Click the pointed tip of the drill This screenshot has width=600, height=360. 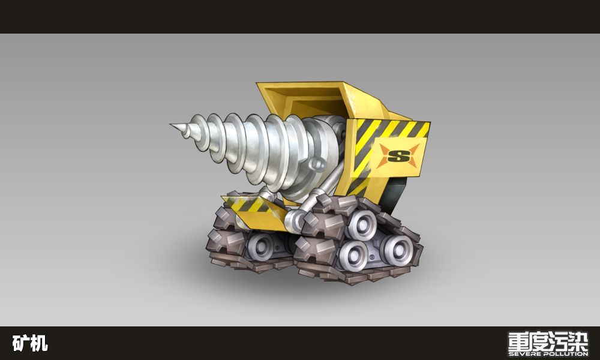[x=171, y=125]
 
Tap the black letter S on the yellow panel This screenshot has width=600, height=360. [x=398, y=156]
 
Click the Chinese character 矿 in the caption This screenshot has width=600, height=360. [x=20, y=343]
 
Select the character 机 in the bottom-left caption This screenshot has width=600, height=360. [x=39, y=343]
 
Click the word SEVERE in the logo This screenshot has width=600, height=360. [x=524, y=354]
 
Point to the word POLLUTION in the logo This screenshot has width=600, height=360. [x=565, y=354]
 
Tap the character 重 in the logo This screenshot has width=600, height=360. [x=518, y=341]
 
